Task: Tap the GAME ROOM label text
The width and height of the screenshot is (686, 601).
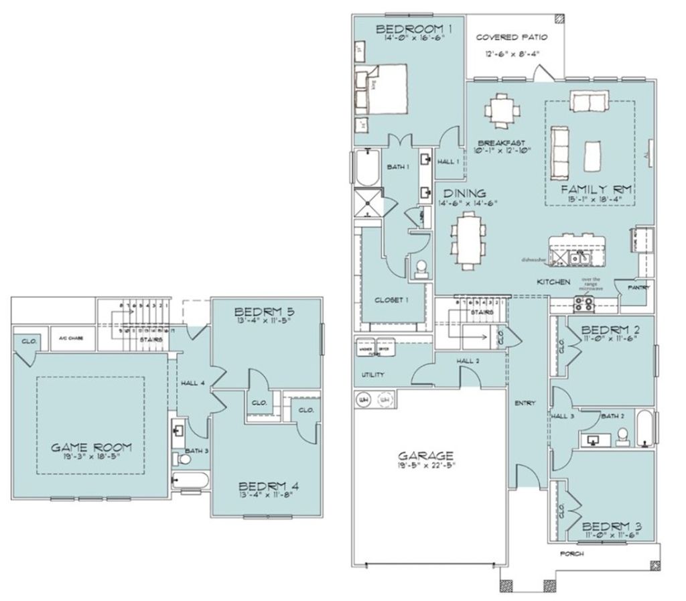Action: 92,448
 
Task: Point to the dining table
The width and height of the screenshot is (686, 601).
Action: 469,239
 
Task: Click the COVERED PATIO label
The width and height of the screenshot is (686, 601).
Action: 511,38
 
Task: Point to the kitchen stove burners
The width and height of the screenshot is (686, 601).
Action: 585,304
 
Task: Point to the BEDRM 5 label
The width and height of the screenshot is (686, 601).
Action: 265,312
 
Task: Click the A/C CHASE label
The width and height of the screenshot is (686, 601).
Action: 71,339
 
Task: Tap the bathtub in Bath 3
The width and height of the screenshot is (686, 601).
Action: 190,480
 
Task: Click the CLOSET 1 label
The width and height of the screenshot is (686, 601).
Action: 391,300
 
